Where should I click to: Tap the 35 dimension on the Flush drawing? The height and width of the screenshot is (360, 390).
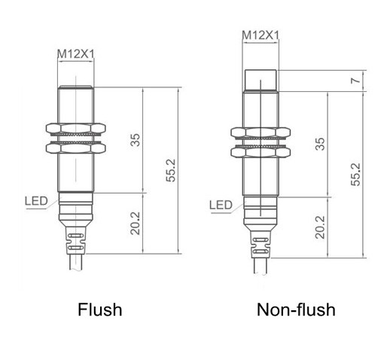click(x=136, y=140)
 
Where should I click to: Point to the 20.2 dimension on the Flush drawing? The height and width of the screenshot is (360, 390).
click(x=136, y=223)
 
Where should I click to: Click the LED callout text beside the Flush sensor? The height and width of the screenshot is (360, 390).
click(x=35, y=200)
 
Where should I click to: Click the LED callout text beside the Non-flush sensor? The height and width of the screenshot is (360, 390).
click(x=221, y=205)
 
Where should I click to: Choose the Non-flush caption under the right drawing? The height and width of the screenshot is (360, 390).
click(x=296, y=310)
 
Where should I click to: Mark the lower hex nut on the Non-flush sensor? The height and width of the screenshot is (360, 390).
click(x=260, y=152)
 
